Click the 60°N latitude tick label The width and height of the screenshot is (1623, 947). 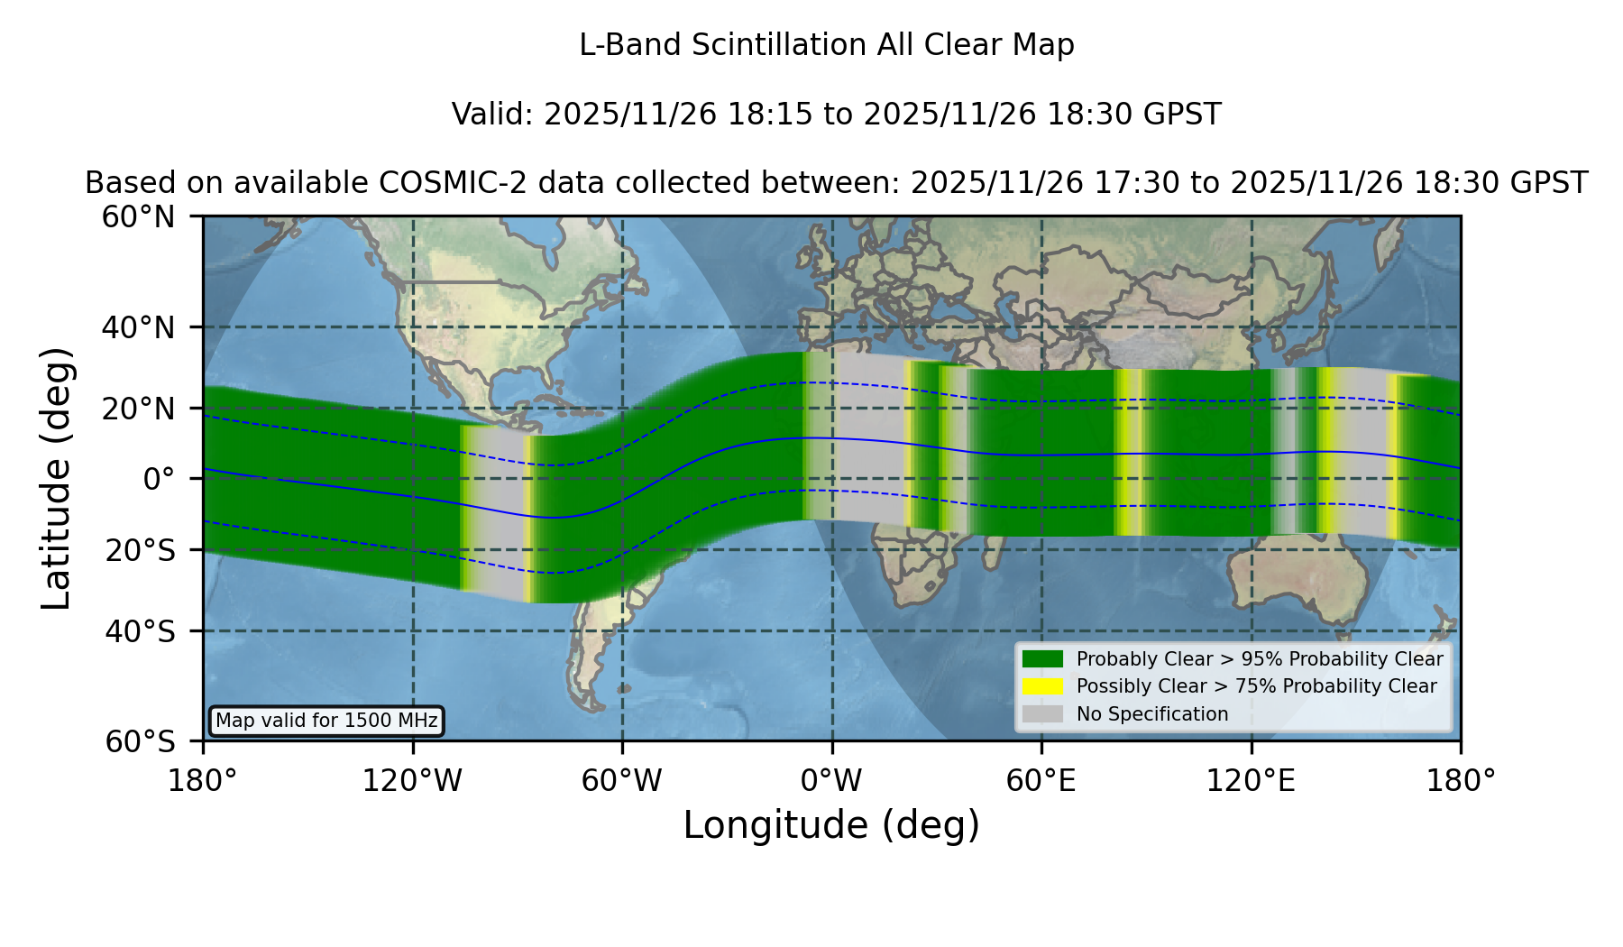click(x=138, y=217)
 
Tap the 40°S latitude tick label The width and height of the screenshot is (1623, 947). click(x=140, y=631)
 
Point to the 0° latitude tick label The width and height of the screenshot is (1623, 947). click(x=159, y=479)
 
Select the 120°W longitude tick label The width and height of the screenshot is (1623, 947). click(x=412, y=780)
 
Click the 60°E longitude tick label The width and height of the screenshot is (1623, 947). click(x=1041, y=780)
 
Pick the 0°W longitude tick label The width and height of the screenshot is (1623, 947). click(x=831, y=780)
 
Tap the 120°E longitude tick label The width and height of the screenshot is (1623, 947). click(x=1251, y=780)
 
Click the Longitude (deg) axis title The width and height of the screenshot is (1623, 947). click(x=831, y=825)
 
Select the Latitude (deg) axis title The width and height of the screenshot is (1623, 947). click(x=56, y=478)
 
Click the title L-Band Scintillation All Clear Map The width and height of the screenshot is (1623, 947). click(x=827, y=45)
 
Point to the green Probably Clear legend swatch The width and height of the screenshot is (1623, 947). click(x=1043, y=659)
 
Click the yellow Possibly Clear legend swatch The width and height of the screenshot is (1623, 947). click(x=1043, y=686)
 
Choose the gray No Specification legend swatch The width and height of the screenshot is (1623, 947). click(x=1043, y=714)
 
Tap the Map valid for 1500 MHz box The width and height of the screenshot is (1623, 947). click(x=326, y=721)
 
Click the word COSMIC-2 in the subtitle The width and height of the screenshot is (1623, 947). click(x=438, y=183)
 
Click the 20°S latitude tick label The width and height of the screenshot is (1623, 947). click(x=140, y=550)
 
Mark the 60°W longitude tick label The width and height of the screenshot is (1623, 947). click(x=622, y=780)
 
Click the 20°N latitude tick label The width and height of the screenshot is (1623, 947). click(x=138, y=409)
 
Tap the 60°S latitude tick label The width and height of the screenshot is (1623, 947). click(x=140, y=741)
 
